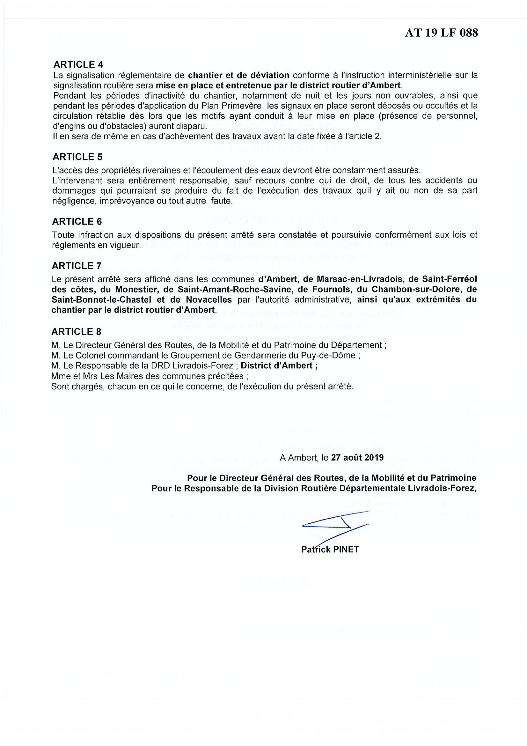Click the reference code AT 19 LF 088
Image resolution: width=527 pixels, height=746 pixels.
tap(441, 33)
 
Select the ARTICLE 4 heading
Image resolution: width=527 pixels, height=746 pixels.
tap(78, 64)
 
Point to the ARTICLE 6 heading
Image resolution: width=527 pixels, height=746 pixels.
tap(77, 222)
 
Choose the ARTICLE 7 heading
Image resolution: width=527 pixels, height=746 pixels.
tap(77, 266)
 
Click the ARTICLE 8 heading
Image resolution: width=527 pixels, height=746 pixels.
tap(76, 332)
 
